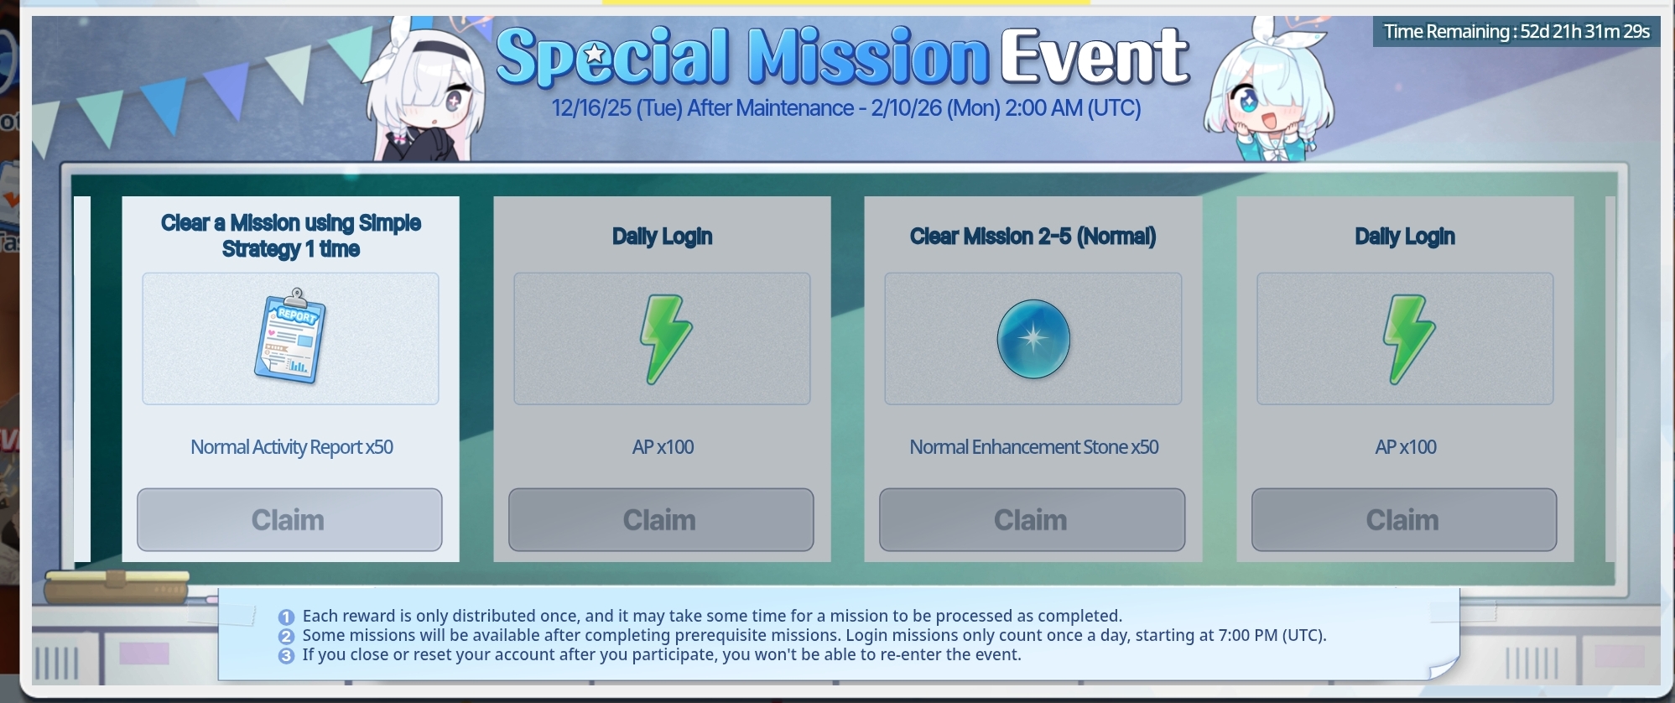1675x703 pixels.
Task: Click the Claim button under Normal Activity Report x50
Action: pyautogui.click(x=289, y=520)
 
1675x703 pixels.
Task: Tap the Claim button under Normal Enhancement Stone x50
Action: pyautogui.click(x=1032, y=520)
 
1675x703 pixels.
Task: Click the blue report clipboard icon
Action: pyautogui.click(x=290, y=337)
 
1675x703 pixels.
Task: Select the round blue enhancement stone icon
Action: pyautogui.click(x=1033, y=339)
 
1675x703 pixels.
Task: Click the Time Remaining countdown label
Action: pyautogui.click(x=1516, y=32)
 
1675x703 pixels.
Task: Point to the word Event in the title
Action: pyautogui.click(x=1095, y=56)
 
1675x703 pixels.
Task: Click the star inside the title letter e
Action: pyautogui.click(x=595, y=55)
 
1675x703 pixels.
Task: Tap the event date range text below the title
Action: pyautogui.click(x=846, y=108)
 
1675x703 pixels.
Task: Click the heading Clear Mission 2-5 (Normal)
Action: pyautogui.click(x=1033, y=237)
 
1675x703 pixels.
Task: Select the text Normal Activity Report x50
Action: pyautogui.click(x=292, y=447)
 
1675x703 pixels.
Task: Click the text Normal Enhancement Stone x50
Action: pyautogui.click(x=1034, y=447)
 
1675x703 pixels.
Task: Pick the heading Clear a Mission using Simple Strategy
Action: pyautogui.click(x=291, y=236)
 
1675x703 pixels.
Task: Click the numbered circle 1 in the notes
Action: pyautogui.click(x=287, y=617)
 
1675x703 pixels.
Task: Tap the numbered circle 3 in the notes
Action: pyautogui.click(x=287, y=655)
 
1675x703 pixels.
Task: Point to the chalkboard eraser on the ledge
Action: pyautogui.click(x=117, y=586)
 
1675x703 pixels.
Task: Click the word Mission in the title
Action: pyautogui.click(x=868, y=56)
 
